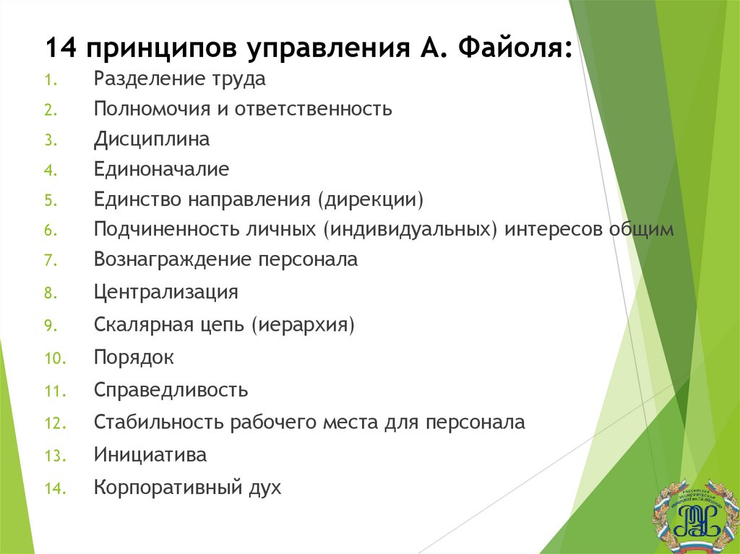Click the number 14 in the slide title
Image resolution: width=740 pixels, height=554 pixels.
coord(60,51)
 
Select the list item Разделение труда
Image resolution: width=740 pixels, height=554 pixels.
coord(180,79)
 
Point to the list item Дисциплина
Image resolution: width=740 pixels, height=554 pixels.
coord(152,139)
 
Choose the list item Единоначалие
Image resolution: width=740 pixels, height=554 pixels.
coord(161,170)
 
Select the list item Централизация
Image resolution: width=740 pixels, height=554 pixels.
coord(165,293)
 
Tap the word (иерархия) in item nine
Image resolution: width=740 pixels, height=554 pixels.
coord(304,325)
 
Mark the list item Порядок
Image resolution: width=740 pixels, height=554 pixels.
coord(134,358)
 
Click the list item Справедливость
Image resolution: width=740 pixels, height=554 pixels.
coord(171,390)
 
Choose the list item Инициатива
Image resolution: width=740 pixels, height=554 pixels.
coord(150,455)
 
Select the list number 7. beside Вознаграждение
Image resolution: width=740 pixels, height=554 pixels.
coord(50,261)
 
